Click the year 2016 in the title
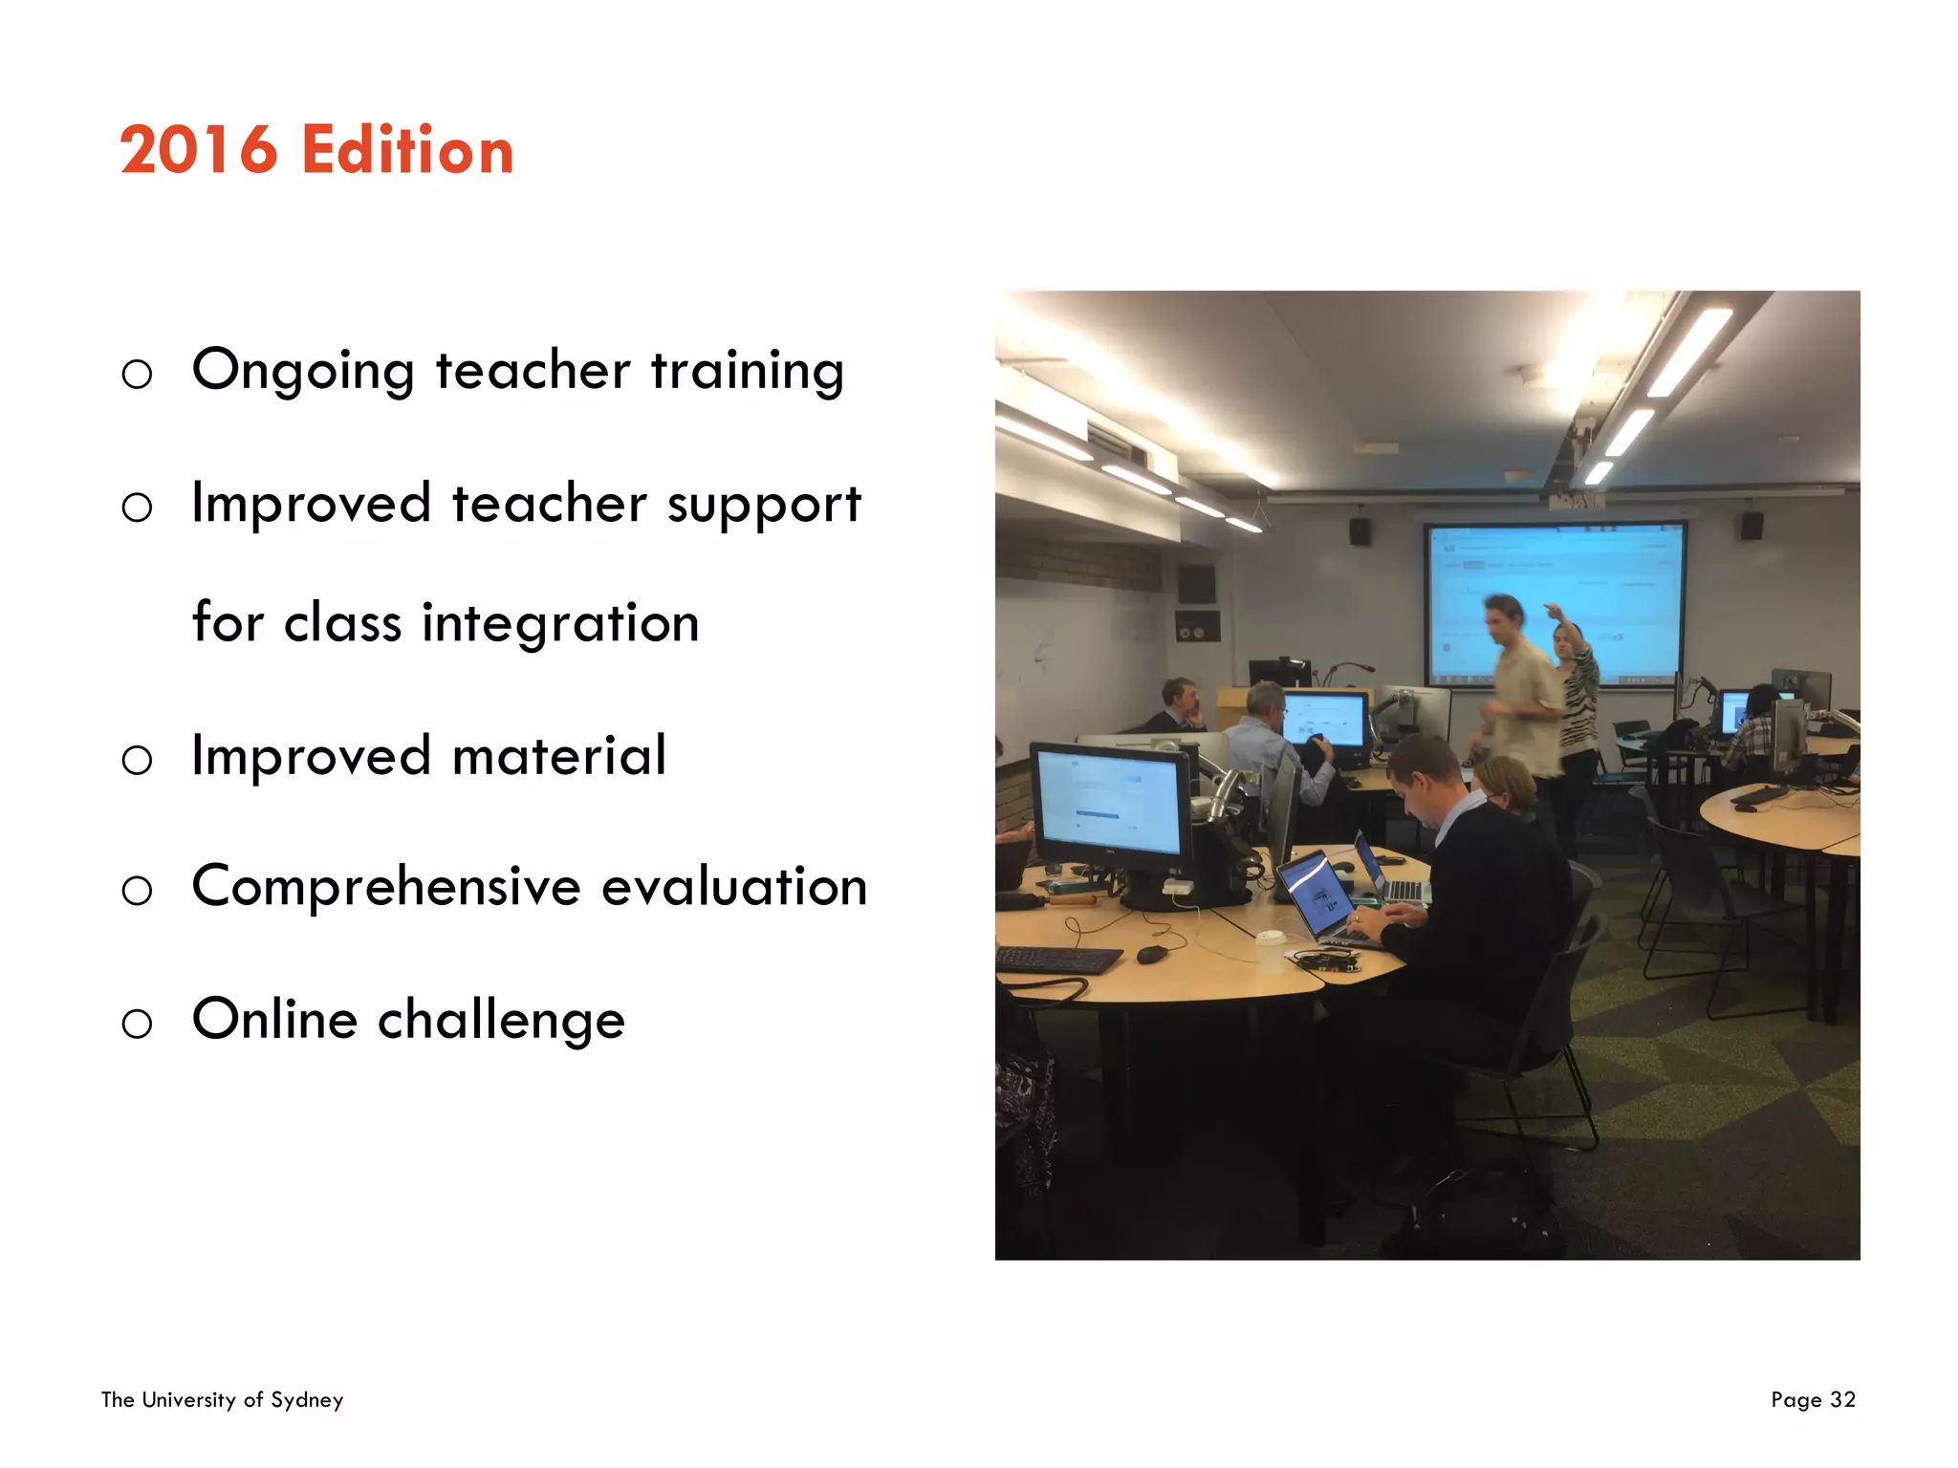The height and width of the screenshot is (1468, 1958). [x=198, y=151]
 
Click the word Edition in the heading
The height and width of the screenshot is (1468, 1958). [x=408, y=151]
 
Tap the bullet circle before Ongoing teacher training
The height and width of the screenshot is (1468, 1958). [x=137, y=374]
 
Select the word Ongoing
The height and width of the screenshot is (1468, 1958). [x=303, y=371]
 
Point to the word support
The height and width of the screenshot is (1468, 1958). [x=764, y=505]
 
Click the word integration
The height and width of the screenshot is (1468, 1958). [x=560, y=623]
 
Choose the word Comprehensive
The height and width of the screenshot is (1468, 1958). [x=385, y=887]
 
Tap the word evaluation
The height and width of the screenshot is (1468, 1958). [x=734, y=887]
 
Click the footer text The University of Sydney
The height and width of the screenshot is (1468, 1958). [x=222, y=1399]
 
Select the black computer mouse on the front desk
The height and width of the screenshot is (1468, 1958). [x=1152, y=954]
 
